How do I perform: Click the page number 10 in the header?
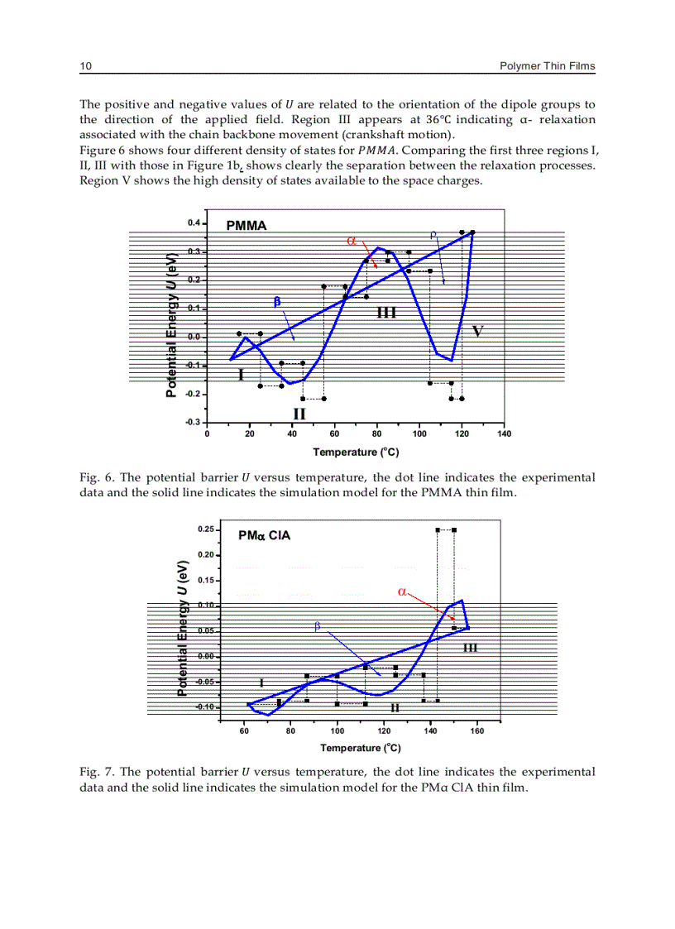coord(85,66)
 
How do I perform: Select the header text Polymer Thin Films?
coord(548,66)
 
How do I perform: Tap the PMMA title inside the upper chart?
coord(247,225)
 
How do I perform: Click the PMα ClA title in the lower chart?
coord(264,535)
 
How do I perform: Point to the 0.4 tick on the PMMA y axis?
coord(194,223)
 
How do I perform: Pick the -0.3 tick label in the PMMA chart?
coord(192,422)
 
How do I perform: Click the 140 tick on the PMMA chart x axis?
coord(505,433)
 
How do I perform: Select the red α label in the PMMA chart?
coord(352,241)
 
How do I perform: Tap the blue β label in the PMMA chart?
coord(277,301)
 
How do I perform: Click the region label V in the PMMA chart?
coord(477,332)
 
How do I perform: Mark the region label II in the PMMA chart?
coord(299,413)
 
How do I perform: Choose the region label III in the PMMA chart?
coord(386,312)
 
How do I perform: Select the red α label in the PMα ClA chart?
coord(402,591)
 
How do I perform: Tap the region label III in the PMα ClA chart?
coord(470,647)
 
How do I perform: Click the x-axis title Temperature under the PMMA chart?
coord(356,452)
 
